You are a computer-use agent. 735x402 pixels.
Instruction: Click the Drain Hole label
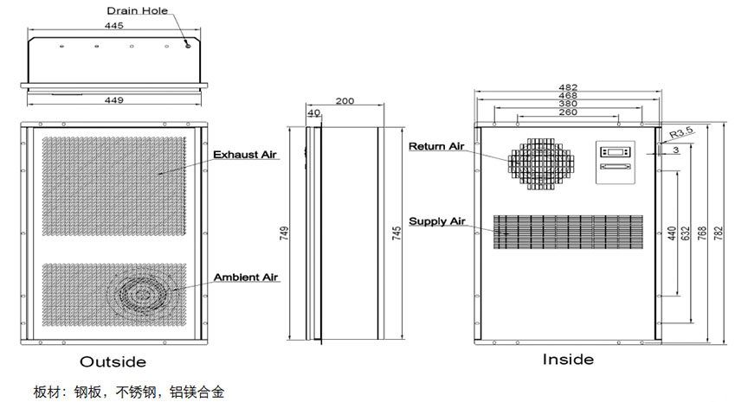137,11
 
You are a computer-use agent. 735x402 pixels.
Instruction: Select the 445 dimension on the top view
113,26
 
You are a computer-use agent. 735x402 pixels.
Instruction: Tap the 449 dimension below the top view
114,100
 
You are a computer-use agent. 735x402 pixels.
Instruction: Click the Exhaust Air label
245,155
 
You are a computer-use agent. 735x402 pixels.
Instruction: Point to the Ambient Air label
246,278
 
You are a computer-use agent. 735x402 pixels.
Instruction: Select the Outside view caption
113,361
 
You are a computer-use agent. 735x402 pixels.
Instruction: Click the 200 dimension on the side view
344,101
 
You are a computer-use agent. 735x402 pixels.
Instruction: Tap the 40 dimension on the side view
313,112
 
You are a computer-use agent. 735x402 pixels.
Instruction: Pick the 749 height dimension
285,232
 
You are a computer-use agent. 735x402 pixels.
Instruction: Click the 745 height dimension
397,232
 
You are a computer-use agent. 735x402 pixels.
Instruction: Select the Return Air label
437,146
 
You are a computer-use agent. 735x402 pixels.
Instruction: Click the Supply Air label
437,221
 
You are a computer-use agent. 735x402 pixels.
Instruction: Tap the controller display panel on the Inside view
616,163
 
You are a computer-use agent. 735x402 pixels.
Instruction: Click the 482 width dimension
567,87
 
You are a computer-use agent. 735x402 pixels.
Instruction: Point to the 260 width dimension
568,112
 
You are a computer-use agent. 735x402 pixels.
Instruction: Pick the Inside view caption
568,359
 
